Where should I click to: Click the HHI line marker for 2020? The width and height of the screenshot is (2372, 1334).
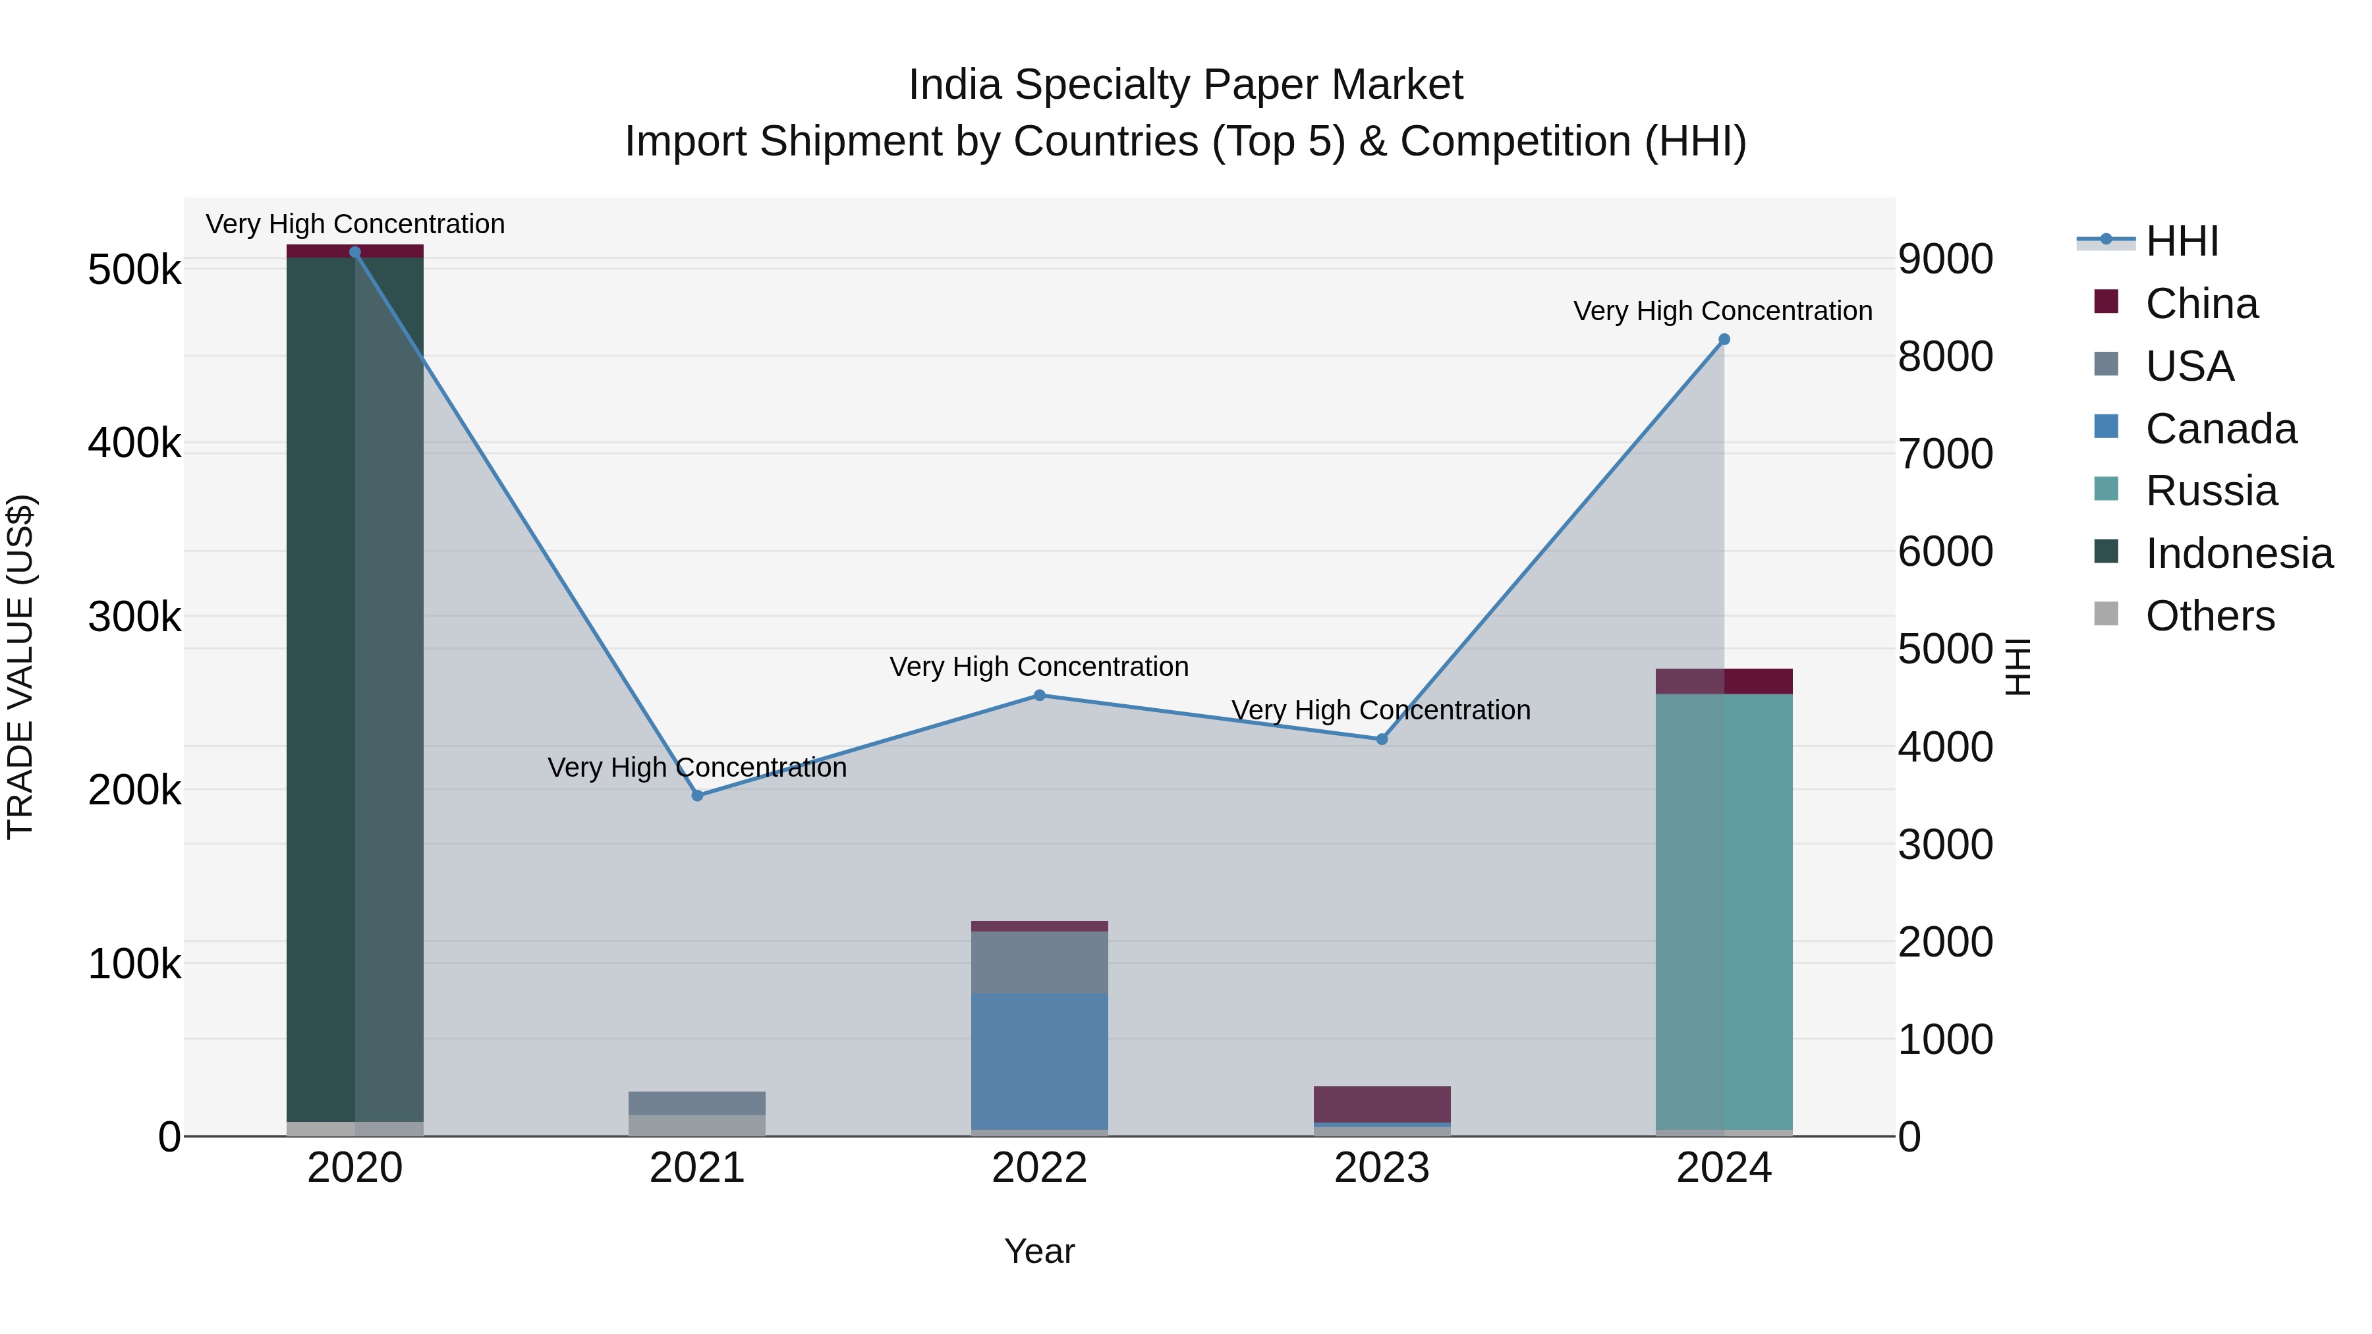354,252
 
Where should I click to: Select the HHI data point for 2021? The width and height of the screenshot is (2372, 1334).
697,795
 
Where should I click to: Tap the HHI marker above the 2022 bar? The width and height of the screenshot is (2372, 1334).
1040,695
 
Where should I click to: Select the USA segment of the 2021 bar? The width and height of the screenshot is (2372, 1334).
697,1103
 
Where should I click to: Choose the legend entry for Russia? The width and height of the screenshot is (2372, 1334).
2210,491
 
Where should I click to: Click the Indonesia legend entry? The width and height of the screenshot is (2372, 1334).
2238,553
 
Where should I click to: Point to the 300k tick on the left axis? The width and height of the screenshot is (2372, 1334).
134,617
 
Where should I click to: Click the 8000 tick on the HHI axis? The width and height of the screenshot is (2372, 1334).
1945,356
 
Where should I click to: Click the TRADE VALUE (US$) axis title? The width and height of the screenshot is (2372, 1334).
21,667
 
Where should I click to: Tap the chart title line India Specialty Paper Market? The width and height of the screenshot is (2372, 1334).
1185,85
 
